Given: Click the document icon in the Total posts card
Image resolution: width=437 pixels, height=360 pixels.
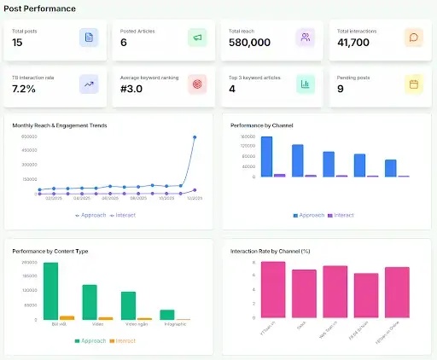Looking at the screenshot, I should coord(88,38).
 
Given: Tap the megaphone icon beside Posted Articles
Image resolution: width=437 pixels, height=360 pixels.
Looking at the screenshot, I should coord(197,38).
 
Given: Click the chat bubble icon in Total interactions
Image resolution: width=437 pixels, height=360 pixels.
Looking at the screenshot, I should coord(413,38).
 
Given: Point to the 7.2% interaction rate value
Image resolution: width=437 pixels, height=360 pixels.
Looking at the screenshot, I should coord(24,89).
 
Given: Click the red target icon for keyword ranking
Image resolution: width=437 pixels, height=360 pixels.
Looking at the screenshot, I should coord(197,84).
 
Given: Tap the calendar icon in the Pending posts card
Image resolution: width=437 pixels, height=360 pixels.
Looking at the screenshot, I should coord(413,84).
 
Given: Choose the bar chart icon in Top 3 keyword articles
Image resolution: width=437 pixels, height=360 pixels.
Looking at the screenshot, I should coord(305,84).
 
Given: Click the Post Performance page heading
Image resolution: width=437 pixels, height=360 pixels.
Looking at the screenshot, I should coord(39,9).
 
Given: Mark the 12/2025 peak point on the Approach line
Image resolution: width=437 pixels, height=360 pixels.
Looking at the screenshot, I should coord(195,137).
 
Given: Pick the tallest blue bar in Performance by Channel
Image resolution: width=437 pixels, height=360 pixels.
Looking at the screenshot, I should coord(267,157).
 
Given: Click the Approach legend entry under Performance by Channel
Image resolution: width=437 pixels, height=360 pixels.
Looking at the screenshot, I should coord(306,215).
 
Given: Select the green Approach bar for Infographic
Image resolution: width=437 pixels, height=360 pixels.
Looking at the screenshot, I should coord(167,314).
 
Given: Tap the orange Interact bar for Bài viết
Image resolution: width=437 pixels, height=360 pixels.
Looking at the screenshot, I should coord(67,317).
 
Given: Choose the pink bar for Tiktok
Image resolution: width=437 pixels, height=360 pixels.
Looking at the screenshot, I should coord(305,293).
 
